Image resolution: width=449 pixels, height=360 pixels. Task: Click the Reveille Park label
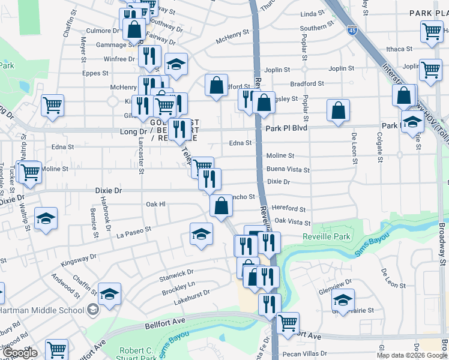pyautogui.click(x=327, y=237)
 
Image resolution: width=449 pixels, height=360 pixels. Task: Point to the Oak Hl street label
pyautogui.click(x=155, y=204)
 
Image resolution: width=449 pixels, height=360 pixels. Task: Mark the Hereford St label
pyautogui.click(x=289, y=209)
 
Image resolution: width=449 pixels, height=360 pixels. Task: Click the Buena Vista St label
pyautogui.click(x=288, y=170)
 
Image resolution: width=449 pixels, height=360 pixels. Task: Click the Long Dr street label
pyautogui.click(x=133, y=131)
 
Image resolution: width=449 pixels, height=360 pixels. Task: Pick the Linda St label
pyautogui.click(x=312, y=14)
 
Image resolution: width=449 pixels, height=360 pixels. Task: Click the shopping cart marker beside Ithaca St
pyautogui.click(x=432, y=31)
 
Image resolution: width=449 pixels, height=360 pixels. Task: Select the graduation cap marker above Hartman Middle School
pyautogui.click(x=110, y=293)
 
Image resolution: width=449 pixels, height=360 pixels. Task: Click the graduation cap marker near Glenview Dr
pyautogui.click(x=343, y=299)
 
